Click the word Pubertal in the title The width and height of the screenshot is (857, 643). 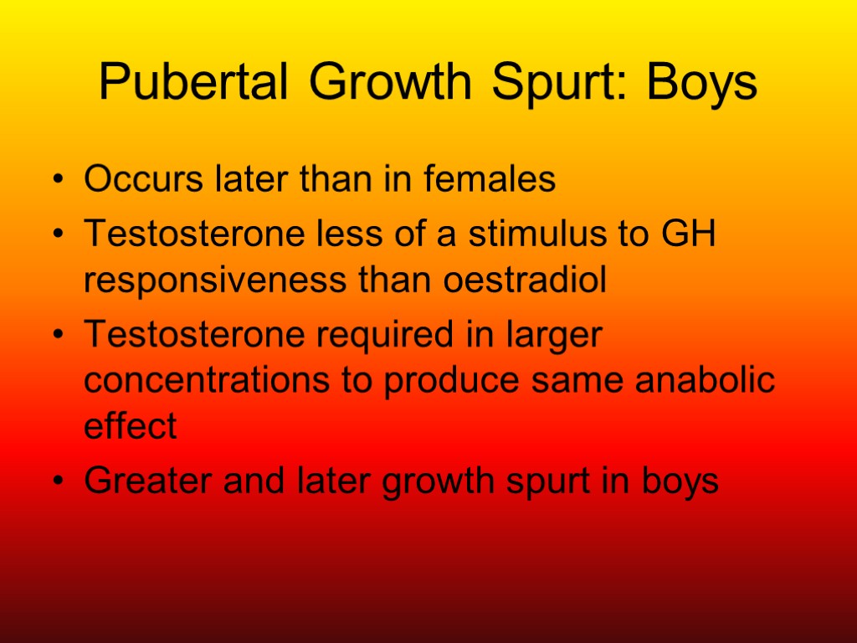coord(194,84)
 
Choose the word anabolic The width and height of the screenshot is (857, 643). coord(706,381)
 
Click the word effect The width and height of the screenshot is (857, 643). coord(131,426)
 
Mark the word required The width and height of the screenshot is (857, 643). coord(394,337)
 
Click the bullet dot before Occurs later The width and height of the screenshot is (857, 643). coord(56,182)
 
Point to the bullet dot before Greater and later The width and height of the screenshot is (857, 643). coord(56,483)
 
